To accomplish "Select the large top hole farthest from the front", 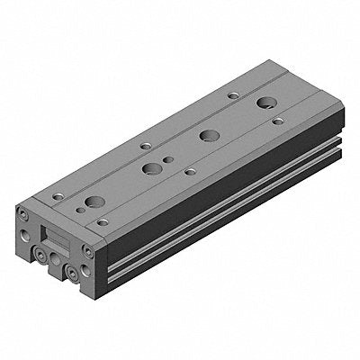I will pos(265,103).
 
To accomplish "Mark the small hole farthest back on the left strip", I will pos(231,94).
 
